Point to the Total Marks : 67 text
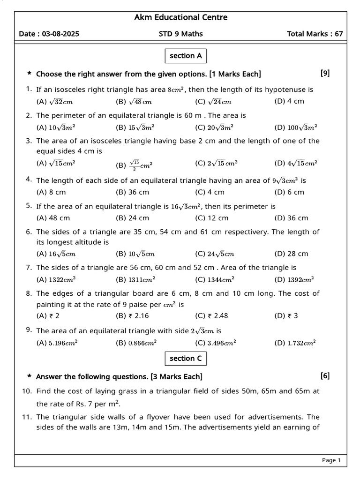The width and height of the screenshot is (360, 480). click(315, 34)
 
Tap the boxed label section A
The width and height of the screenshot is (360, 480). click(186, 56)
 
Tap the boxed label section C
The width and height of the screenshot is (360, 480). click(186, 359)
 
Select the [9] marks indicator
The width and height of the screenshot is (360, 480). click(325, 73)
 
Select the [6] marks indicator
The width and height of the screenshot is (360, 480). click(325, 375)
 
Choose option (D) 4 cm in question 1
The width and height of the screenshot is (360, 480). click(289, 101)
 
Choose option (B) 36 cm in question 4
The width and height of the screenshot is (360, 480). click(132, 192)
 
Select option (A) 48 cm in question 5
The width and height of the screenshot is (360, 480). click(53, 217)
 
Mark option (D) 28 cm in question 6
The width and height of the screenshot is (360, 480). click(291, 254)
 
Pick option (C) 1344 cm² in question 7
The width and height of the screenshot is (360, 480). click(214, 279)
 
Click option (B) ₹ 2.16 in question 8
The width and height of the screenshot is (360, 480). click(132, 315)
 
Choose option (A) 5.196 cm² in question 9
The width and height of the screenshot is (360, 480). click(57, 343)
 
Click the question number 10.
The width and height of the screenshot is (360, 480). click(27, 391)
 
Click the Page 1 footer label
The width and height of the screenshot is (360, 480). click(331, 460)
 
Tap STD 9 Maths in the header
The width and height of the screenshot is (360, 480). click(181, 34)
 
